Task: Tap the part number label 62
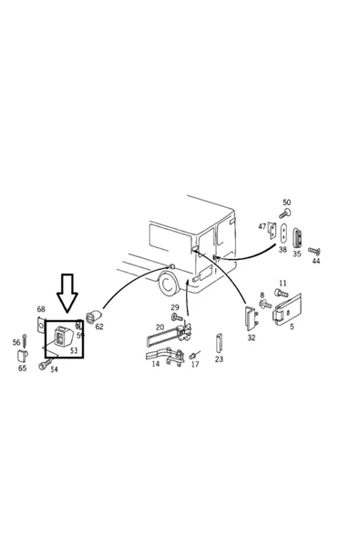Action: pos(99,327)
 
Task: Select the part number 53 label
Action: pos(74,350)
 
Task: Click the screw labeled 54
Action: pos(46,364)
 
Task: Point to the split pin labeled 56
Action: pos(25,340)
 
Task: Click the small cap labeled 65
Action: pos(23,355)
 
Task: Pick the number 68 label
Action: pos(41,309)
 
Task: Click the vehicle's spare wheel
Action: pos(169,284)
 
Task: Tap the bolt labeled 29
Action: pos(177,317)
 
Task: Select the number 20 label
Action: pos(159,327)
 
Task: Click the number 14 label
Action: pos(156,364)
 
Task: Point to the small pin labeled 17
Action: pos(194,355)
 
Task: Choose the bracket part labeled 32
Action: pos(252,318)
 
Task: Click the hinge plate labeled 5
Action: pos(287,309)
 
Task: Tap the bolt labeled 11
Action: pos(281,294)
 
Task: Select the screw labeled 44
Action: pos(314,251)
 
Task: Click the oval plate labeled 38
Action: pos(284,234)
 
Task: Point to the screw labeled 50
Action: pos(285,213)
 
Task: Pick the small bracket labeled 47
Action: pos(273,231)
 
